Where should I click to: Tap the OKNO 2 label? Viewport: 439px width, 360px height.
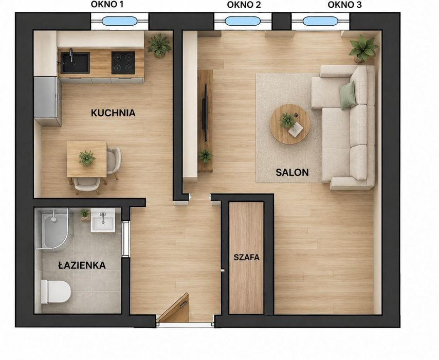click(x=244, y=5)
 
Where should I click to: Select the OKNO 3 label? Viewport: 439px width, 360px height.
click(x=344, y=5)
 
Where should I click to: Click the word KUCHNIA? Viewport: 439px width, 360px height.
click(x=113, y=113)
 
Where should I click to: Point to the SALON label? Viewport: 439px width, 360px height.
click(x=292, y=172)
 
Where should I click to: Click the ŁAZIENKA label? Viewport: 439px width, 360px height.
click(x=82, y=265)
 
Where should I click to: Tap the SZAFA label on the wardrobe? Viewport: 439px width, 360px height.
click(x=247, y=257)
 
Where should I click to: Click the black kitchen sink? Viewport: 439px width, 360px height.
click(x=75, y=62)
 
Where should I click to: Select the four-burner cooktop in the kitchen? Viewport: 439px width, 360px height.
click(x=123, y=62)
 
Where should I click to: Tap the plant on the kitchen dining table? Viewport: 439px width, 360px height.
click(x=87, y=158)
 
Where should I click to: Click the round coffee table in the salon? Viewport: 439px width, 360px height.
click(x=290, y=124)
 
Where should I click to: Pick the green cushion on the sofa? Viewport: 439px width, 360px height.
click(x=347, y=95)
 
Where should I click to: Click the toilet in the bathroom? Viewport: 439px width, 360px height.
click(x=56, y=292)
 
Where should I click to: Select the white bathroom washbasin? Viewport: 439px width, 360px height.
click(x=103, y=220)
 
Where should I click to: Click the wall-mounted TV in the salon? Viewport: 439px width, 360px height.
click(x=205, y=112)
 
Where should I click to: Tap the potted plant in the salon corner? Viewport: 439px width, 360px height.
click(x=363, y=49)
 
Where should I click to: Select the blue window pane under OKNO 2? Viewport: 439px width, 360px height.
click(x=243, y=21)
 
